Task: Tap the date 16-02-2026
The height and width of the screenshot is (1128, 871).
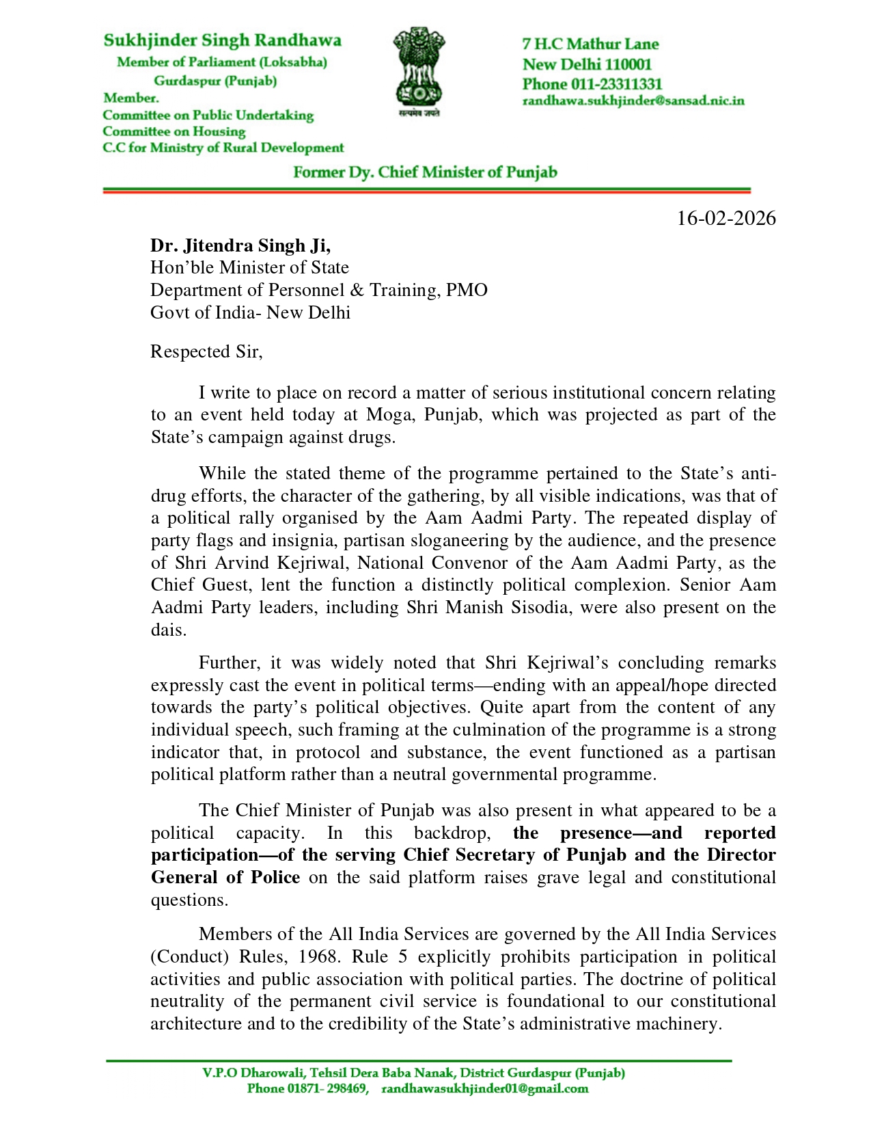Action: (x=725, y=218)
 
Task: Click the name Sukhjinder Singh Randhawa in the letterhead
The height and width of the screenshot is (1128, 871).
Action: (x=222, y=40)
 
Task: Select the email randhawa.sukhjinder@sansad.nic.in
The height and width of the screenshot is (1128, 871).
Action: (x=633, y=101)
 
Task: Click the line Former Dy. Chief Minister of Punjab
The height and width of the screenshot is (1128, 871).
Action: (x=425, y=172)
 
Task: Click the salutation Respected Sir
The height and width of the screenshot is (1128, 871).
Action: (x=206, y=351)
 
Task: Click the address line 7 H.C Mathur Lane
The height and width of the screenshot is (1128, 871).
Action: (x=590, y=44)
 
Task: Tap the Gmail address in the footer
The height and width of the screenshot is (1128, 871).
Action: (x=484, y=1088)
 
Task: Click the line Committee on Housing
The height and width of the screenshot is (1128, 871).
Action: (x=174, y=131)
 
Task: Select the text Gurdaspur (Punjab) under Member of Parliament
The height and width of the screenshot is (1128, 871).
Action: (x=215, y=81)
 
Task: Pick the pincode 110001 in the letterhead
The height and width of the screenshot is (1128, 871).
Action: (x=628, y=64)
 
